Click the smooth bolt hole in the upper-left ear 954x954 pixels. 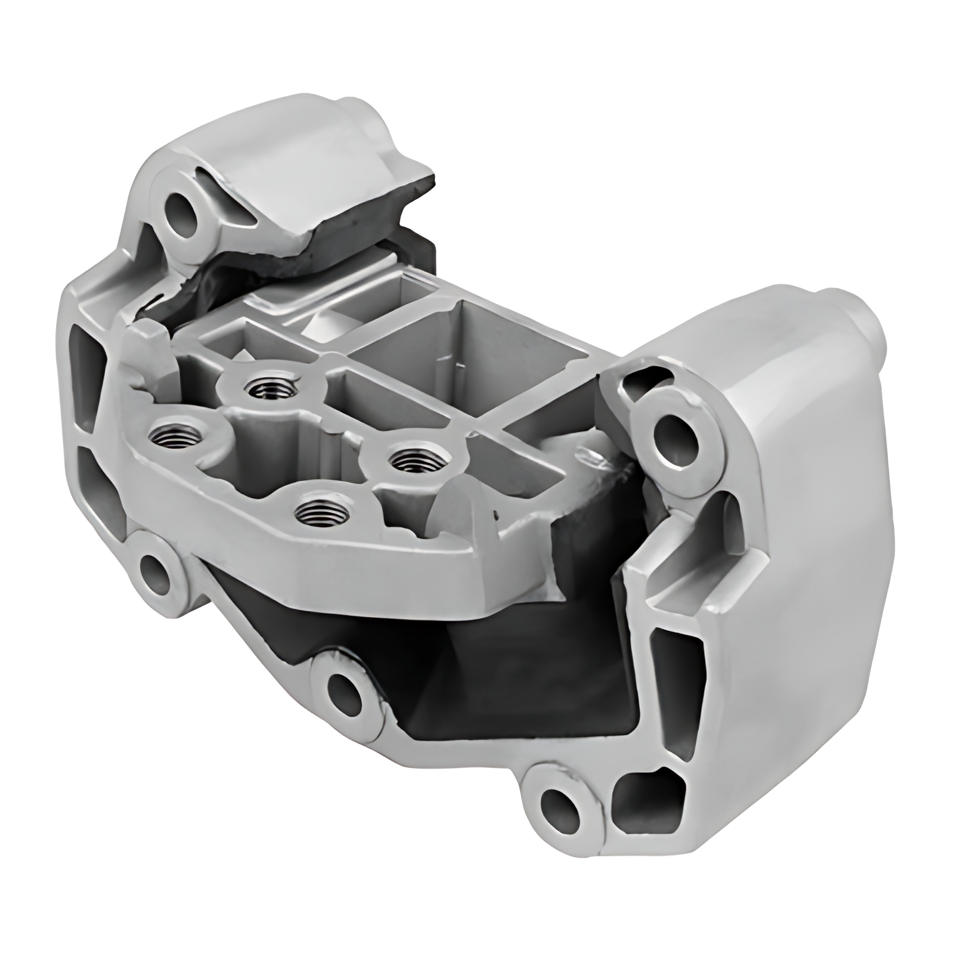pos(183,211)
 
